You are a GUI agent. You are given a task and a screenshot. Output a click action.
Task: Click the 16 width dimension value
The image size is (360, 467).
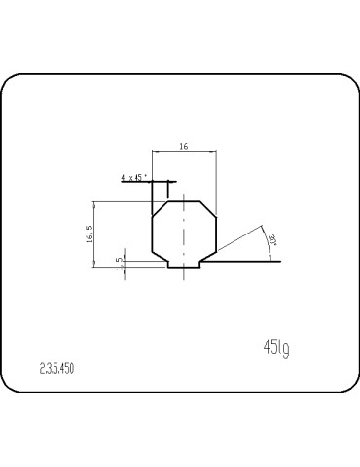[x=185, y=146]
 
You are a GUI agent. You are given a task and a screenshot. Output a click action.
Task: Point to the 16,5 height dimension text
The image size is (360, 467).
[x=89, y=234]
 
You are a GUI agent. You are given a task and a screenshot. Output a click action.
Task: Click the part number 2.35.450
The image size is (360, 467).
[x=57, y=368]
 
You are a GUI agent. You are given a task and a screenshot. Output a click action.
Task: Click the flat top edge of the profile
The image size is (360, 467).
[x=185, y=201]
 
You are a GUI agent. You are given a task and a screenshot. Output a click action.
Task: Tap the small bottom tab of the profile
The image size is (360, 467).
[x=185, y=266]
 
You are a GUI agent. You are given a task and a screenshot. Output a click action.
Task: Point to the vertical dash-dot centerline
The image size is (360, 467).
[x=185, y=233]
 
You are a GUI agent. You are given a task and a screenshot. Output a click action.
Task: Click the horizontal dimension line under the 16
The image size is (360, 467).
[x=185, y=153]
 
